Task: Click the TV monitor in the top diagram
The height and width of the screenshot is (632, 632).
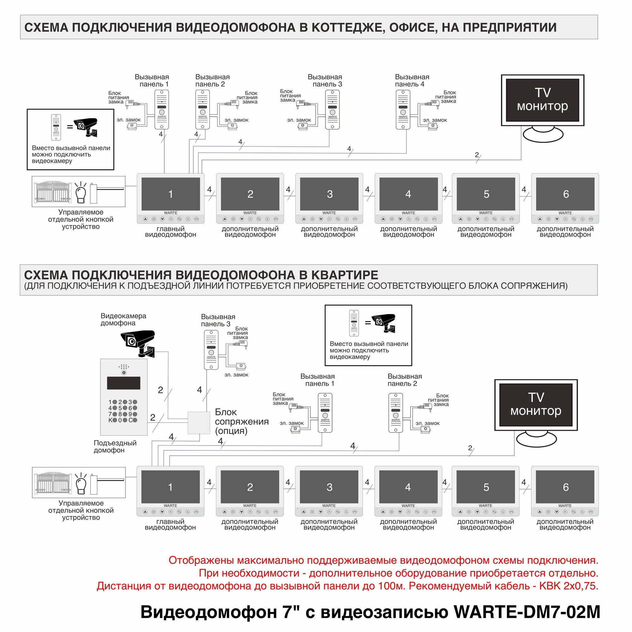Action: [x=542, y=100]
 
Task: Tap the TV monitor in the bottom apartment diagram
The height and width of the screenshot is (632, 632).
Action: [x=536, y=405]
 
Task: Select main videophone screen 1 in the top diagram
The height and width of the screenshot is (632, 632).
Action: [x=170, y=194]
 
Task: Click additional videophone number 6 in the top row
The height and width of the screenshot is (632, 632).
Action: [x=565, y=194]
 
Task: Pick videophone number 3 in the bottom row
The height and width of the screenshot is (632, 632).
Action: [x=329, y=487]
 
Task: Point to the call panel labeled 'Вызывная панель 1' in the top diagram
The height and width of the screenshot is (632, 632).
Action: [x=161, y=110]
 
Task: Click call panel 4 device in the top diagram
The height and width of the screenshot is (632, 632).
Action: [x=403, y=110]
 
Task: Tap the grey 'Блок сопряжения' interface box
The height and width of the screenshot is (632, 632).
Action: [x=198, y=422]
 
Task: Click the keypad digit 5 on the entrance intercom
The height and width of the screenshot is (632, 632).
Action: [x=120, y=408]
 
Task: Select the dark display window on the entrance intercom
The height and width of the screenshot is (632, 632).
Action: [x=124, y=383]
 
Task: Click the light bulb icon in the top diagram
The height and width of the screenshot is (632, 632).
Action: [x=81, y=193]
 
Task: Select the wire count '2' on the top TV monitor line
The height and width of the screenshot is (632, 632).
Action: [x=477, y=155]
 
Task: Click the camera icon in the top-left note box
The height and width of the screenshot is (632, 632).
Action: [x=85, y=127]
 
